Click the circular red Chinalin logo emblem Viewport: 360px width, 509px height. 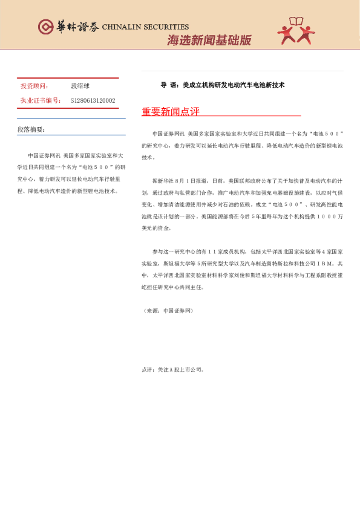(45, 27)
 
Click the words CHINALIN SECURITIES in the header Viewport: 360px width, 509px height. (145, 27)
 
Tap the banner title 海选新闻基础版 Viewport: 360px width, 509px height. (209, 41)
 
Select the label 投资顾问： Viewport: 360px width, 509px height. (35, 86)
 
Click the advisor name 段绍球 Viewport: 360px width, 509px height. (80, 86)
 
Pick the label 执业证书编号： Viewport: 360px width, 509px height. (41, 100)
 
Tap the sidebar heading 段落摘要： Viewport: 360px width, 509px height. (31, 129)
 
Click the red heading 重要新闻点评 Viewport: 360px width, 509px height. (170, 112)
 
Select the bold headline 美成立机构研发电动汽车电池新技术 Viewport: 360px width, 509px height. (234, 85)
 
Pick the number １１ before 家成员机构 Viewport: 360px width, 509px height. (214, 252)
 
